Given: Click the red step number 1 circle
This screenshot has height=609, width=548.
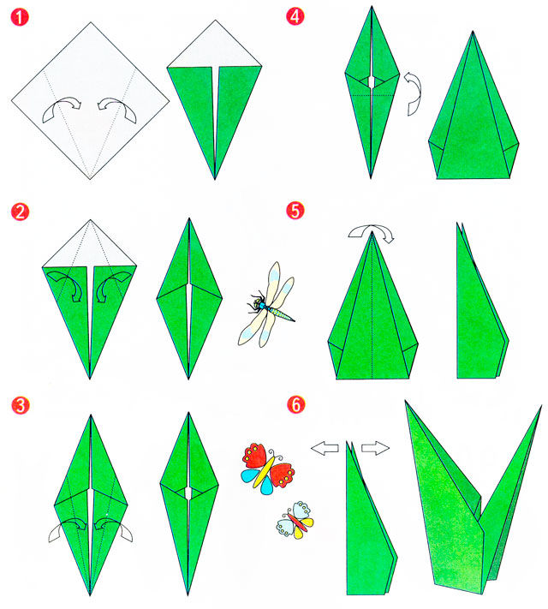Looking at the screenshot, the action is [20, 17].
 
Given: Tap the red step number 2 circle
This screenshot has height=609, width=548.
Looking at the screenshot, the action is [20, 212].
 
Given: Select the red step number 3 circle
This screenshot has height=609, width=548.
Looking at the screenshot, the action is [21, 405].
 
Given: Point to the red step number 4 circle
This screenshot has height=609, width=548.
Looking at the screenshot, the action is [295, 16].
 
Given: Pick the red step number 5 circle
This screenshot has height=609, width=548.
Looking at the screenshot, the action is [295, 211].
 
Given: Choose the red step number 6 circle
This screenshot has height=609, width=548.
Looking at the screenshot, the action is [296, 404].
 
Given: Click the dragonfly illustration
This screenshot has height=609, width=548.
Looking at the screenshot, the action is [266, 305].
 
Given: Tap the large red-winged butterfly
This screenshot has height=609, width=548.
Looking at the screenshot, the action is [268, 469].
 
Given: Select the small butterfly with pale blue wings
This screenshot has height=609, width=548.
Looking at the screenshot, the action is [295, 521].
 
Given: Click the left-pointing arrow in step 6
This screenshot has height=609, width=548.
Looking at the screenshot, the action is [325, 448].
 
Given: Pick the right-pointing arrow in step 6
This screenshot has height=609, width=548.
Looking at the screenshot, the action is [375, 448].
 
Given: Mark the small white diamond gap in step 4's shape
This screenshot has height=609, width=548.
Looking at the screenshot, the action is [372, 82].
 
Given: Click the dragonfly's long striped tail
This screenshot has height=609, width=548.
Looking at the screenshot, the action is [280, 313].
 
